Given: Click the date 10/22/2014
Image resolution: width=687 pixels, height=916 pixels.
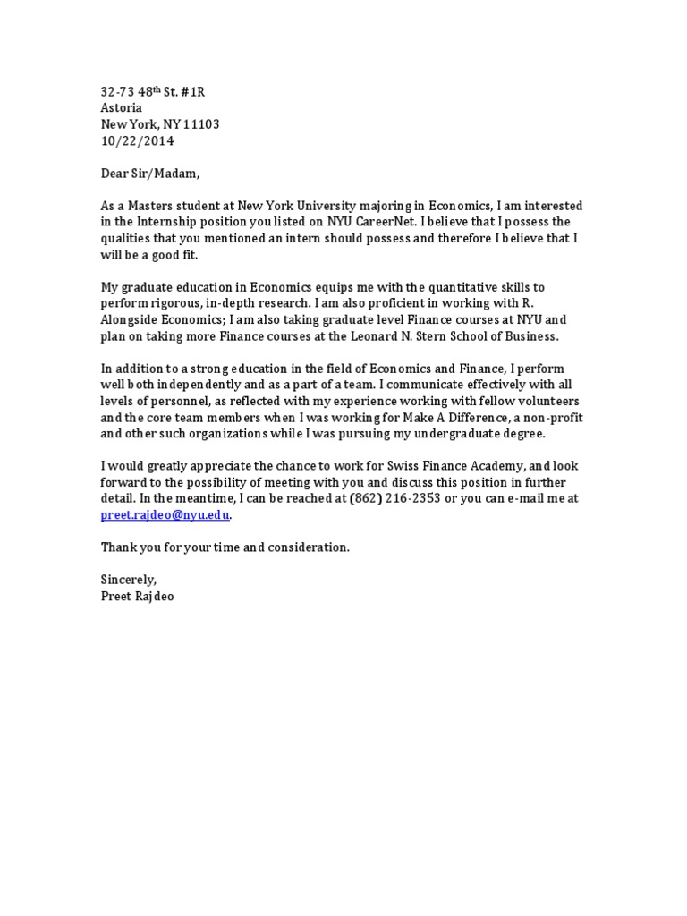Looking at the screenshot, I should tap(138, 141).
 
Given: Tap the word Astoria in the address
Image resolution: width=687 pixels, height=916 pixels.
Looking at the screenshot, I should tap(121, 108).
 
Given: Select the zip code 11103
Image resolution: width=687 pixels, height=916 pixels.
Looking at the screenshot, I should tap(201, 124).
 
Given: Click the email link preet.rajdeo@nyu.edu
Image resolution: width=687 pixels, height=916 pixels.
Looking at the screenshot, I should tap(165, 515).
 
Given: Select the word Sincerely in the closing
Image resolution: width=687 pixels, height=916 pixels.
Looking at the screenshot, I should tap(128, 580).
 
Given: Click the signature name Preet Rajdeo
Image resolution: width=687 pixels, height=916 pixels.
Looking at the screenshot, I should tap(138, 596).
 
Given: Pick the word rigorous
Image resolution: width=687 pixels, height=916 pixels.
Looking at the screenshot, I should tap(172, 303).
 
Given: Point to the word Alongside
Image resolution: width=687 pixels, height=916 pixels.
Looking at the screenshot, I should tap(130, 320).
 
